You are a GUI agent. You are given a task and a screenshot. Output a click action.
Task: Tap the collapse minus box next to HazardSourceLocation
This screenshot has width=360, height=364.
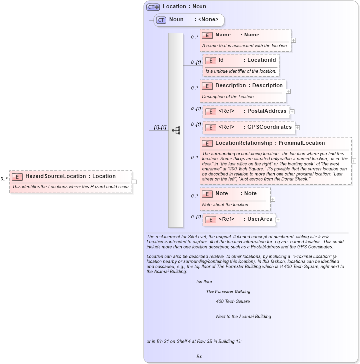[134, 182]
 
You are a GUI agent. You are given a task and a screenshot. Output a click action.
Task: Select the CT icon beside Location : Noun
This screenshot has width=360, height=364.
[153, 7]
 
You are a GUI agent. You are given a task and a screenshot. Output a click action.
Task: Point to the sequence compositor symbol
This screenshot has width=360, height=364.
[176, 130]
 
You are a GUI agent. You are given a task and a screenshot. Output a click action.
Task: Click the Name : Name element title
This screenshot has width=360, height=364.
[237, 35]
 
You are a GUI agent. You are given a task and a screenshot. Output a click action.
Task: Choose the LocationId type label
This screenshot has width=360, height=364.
[261, 60]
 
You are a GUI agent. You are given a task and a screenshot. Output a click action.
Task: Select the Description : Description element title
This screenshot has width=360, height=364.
[249, 85]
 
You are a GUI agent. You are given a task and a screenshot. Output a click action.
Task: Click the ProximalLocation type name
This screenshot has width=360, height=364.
[301, 143]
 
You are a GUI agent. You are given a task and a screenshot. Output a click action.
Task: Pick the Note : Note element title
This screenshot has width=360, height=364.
[236, 194]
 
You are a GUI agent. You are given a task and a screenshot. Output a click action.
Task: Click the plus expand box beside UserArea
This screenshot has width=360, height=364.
[278, 220]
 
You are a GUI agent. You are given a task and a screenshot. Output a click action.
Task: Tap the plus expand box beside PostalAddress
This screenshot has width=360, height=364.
[292, 112]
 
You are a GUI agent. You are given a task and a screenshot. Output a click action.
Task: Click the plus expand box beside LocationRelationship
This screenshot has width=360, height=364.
[354, 161]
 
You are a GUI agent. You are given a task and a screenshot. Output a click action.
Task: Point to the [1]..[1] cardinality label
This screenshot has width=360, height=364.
[160, 127]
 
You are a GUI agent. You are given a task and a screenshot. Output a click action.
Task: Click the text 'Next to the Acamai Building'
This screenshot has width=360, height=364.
[243, 316]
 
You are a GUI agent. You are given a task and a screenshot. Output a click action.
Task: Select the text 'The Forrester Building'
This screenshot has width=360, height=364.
[228, 291]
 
